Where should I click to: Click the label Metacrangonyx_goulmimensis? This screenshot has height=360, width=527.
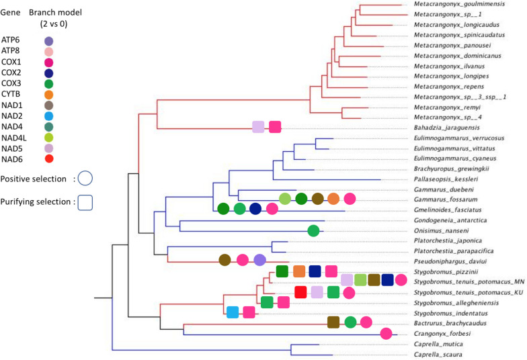pos(450,5)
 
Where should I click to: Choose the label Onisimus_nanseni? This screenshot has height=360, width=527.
pos(437,231)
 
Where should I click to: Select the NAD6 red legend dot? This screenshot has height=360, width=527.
pos(48,159)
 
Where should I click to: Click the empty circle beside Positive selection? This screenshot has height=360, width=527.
pos(85,179)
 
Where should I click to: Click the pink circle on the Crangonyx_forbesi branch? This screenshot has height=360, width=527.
pos(387,333)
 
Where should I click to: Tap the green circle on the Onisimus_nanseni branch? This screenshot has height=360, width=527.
pos(313,231)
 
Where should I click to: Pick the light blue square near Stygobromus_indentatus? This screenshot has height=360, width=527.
pos(233,312)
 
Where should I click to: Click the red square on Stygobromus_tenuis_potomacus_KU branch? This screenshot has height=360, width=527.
pos(300,292)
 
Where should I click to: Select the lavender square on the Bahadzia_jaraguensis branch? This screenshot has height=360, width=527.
pos(258,126)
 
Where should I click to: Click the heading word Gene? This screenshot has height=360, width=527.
pos(11,13)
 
